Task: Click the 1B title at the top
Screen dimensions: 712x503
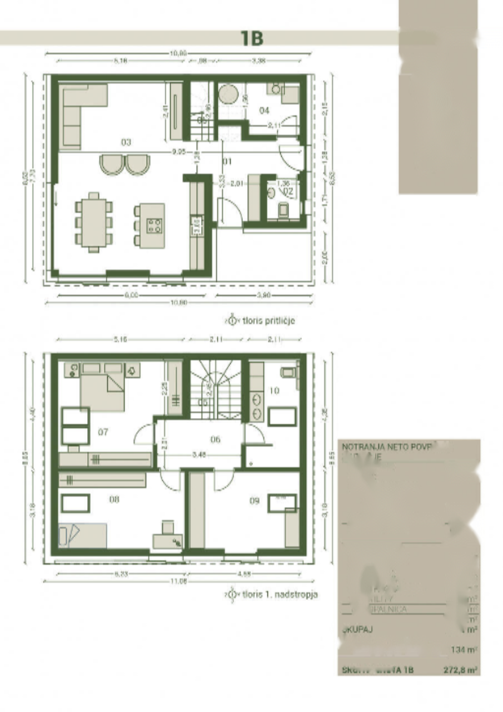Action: click(251, 38)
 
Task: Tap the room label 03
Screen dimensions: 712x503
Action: click(126, 142)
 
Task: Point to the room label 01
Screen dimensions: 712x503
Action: click(227, 162)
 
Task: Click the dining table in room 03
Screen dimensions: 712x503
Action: click(93, 222)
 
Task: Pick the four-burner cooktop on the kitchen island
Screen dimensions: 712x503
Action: click(155, 225)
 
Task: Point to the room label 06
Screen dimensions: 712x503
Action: click(216, 439)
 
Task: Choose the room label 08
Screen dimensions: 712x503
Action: click(114, 500)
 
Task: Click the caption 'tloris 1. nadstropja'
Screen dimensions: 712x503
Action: click(280, 594)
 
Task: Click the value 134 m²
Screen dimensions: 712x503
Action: click(465, 649)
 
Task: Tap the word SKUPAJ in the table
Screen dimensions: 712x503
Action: click(356, 630)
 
